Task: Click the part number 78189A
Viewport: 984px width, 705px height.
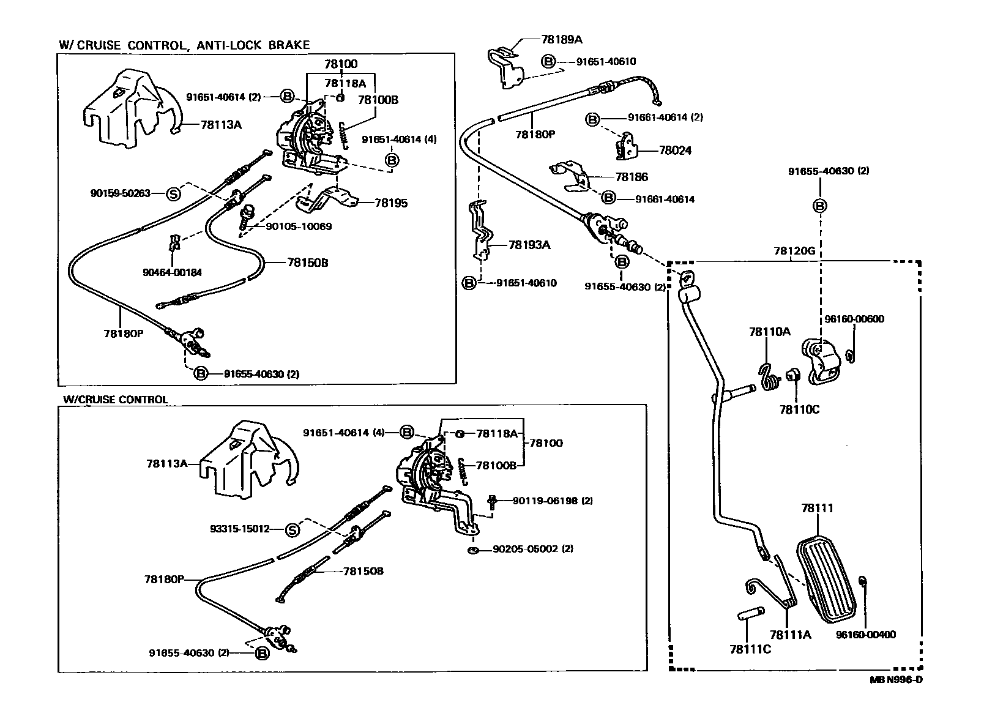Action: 561,39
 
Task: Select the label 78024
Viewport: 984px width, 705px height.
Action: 675,150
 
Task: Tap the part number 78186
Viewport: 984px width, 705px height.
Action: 632,177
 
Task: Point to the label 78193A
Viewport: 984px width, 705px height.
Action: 529,245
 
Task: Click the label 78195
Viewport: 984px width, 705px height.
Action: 391,203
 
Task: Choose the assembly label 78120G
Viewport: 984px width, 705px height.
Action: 794,251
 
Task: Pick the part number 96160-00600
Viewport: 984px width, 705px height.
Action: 854,319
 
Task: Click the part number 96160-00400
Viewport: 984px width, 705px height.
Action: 865,635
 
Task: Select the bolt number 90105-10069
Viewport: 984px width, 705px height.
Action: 299,226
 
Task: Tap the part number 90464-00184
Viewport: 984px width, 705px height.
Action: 171,272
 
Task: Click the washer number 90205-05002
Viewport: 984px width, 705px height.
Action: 526,549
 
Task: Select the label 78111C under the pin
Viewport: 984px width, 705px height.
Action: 750,649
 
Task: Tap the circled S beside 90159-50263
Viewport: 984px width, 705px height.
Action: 174,194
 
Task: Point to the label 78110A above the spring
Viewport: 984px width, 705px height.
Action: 770,332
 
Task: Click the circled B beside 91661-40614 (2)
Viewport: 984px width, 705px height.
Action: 592,119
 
